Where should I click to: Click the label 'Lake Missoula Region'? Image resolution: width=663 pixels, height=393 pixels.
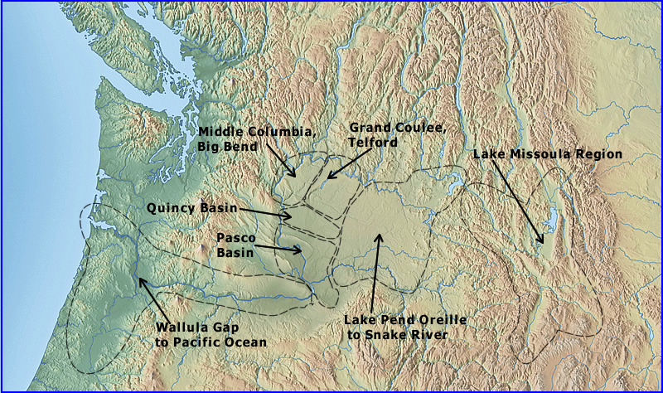click(x=547, y=154)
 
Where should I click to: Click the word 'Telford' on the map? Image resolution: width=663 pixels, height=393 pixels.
click(x=374, y=143)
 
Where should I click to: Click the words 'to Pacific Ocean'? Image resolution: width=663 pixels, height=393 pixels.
click(x=211, y=342)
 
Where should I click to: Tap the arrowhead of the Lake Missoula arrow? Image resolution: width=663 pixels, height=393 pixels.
click(x=543, y=243)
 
